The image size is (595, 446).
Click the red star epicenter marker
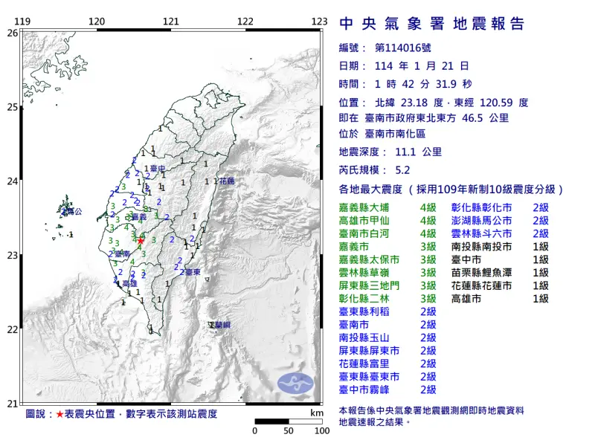point(141,240)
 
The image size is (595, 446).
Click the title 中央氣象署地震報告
point(431,24)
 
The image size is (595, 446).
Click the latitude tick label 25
point(12,107)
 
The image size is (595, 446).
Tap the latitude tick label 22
point(12,329)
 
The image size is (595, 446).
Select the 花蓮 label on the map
point(226,181)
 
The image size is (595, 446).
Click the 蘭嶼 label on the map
point(219,326)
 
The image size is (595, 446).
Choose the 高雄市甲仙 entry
point(369,221)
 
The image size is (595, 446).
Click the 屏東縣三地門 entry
point(374,285)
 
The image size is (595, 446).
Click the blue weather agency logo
point(296,384)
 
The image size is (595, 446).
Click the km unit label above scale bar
point(317,412)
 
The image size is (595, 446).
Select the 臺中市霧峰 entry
point(369,389)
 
